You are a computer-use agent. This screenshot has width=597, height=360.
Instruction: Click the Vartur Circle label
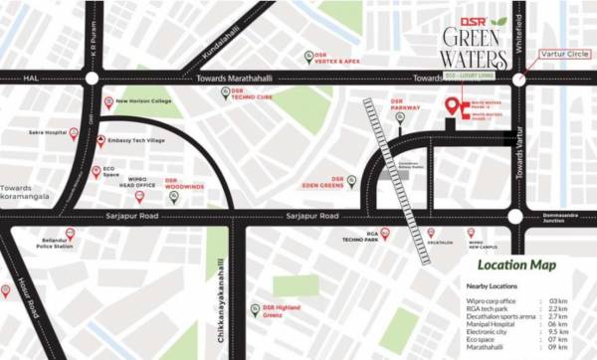(562, 54)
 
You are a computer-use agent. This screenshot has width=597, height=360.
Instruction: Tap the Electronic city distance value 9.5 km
(557, 333)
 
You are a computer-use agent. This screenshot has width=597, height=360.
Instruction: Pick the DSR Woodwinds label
(183, 184)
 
